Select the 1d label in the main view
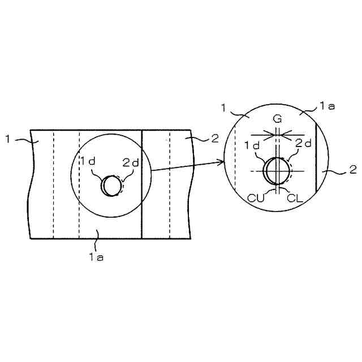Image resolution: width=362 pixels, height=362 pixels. [x=88, y=162]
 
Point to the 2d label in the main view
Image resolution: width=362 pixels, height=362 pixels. [x=131, y=162]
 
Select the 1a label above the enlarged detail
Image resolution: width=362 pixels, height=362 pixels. [x=327, y=106]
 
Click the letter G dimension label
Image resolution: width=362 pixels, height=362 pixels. [x=277, y=119]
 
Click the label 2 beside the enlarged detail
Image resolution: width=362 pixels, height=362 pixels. [x=352, y=169]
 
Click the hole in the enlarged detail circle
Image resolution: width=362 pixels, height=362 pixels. [x=277, y=171]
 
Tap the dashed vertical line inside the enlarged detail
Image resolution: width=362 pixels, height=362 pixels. [x=235, y=164]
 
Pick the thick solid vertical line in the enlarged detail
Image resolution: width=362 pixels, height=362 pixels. [x=316, y=164]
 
